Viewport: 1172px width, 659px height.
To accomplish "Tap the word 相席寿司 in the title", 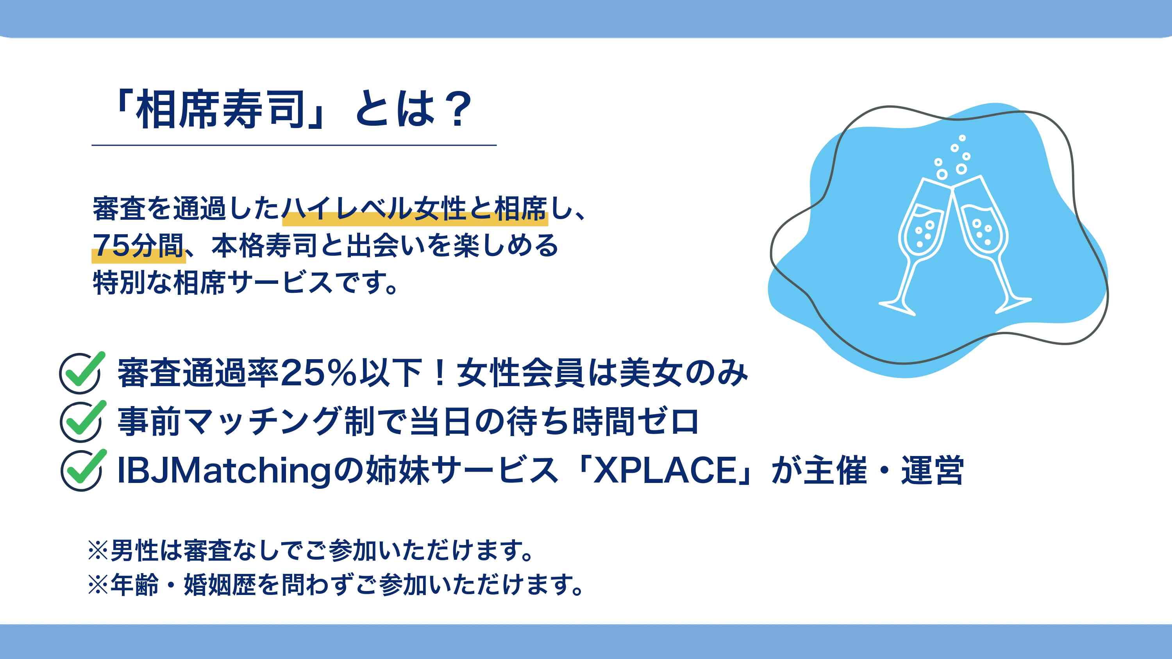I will [220, 109].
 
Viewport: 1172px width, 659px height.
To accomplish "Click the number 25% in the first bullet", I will [318, 373].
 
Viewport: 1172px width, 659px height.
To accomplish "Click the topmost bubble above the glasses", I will [962, 138].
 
